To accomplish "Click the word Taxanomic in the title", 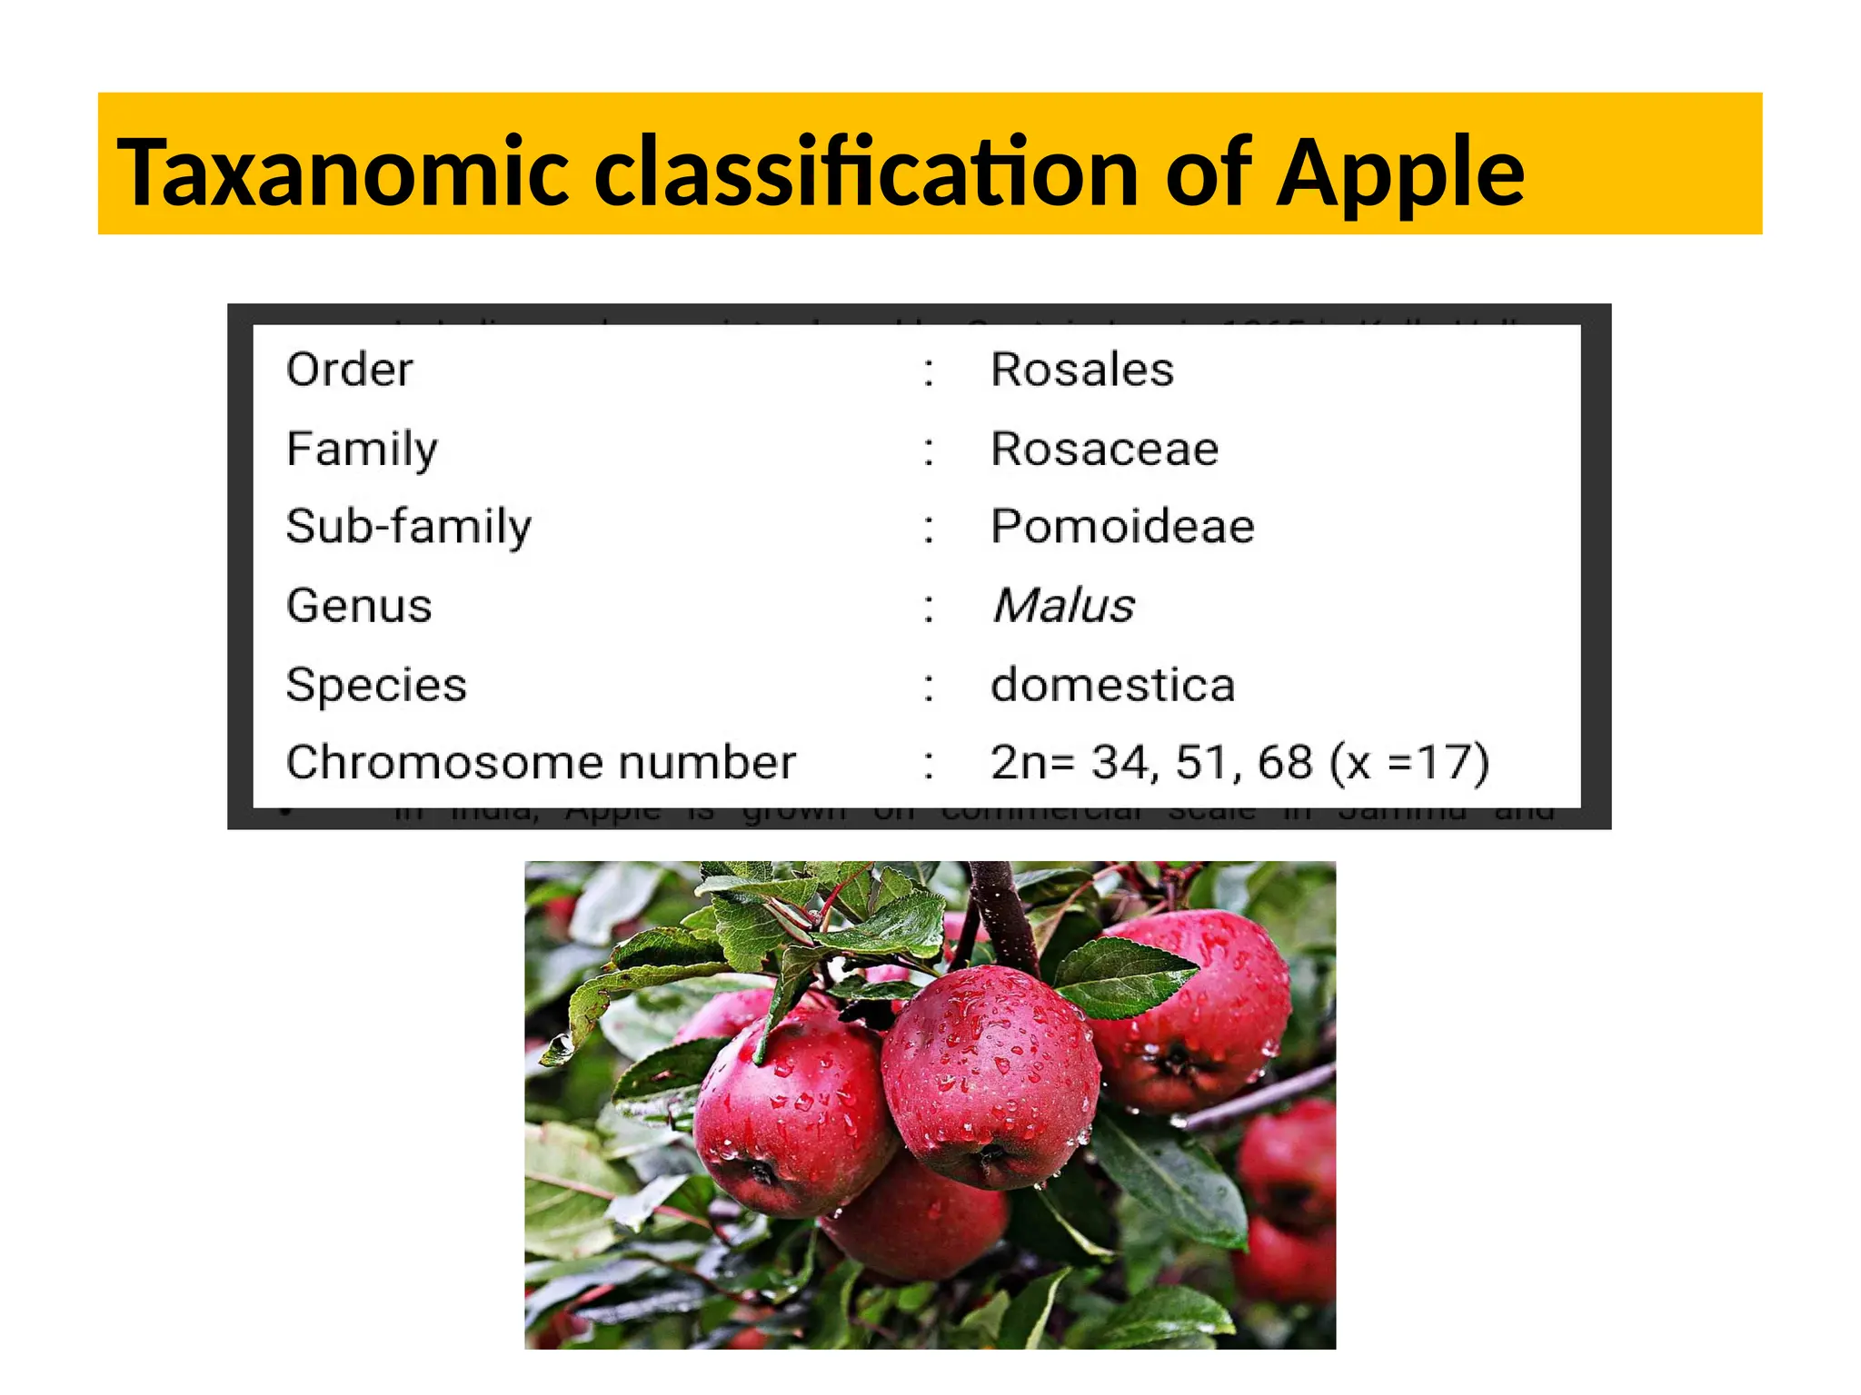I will [343, 173].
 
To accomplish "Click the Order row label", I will [349, 370].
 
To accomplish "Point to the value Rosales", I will [1081, 370].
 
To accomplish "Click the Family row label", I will [362, 449].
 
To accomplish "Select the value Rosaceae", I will [1104, 449].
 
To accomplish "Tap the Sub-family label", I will [409, 527].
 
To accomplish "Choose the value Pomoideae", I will [1122, 527].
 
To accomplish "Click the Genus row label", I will [359, 606].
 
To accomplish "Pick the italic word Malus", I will [1063, 606].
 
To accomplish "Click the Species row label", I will [376, 684].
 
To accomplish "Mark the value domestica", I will [1112, 684].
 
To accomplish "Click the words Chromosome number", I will [541, 762].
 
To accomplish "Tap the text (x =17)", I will [1408, 762].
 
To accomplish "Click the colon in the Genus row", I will [928, 607].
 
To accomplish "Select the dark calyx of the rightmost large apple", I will [1178, 1059].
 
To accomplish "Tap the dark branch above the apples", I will [1004, 913].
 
